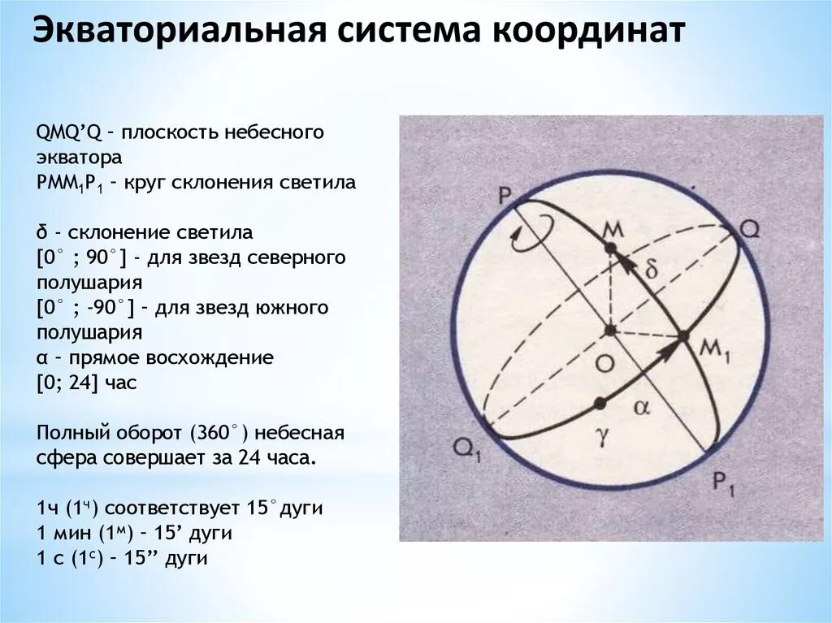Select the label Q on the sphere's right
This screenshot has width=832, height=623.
coord(750,229)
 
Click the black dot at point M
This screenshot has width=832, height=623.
coord(611,246)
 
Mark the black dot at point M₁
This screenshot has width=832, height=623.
coord(683,335)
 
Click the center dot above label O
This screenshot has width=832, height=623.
coord(609,331)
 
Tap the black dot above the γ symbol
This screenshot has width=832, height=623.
coord(600,403)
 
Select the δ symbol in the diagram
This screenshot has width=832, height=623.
coord(650,271)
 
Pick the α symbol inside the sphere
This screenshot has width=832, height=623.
coord(641,409)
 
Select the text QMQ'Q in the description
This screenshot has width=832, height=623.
coord(67,132)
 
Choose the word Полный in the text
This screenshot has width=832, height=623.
coord(68,433)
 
